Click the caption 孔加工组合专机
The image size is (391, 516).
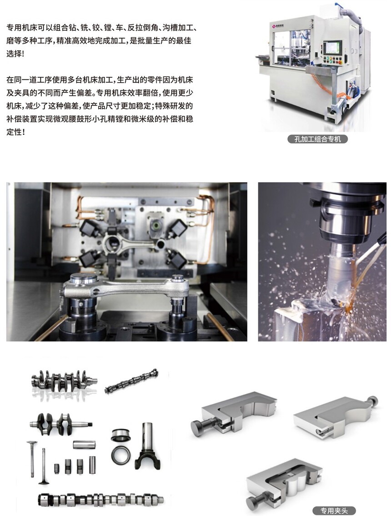[x=317, y=139]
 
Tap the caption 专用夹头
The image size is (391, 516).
[x=334, y=511]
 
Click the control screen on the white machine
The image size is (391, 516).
[x=331, y=48]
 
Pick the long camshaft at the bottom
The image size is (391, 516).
[x=100, y=500]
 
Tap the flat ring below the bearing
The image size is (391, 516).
[x=120, y=455]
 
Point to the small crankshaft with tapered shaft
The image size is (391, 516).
[x=60, y=423]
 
